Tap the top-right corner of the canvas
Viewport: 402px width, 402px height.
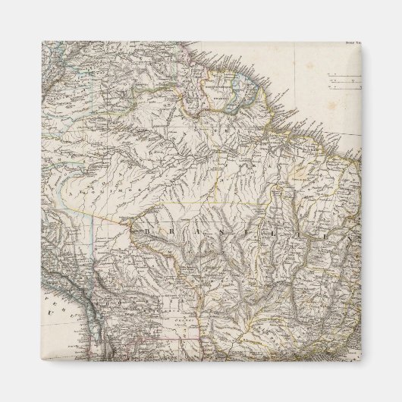coord(361,41)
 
